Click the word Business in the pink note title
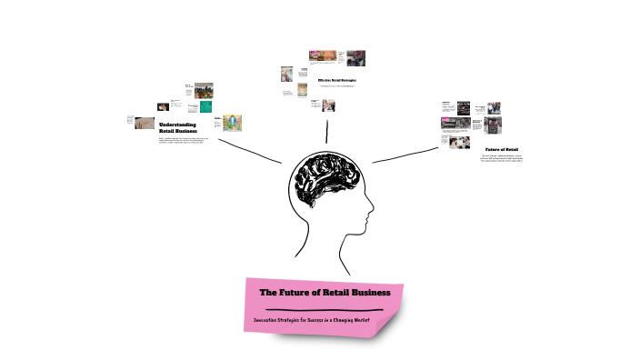(366, 293)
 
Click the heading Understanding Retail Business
(177, 127)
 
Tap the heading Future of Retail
(502, 149)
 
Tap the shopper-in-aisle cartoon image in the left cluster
(230, 123)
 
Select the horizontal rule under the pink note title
(325, 309)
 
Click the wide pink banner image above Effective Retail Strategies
(323, 55)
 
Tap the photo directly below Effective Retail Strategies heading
(328, 105)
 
